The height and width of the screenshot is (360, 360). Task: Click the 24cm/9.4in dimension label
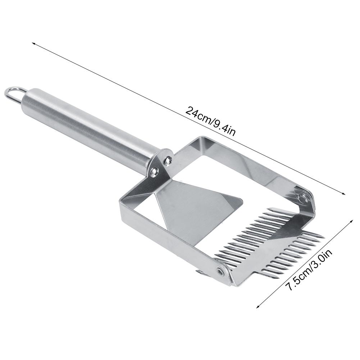(x=210, y=121)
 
